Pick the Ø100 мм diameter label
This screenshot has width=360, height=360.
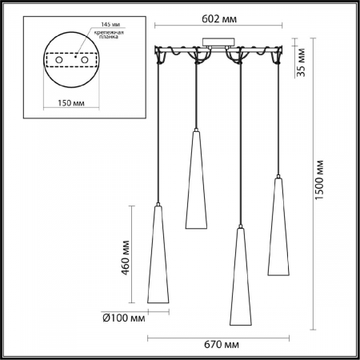pyautogui.click(x=125, y=318)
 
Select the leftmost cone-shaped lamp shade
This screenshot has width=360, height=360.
pyautogui.click(x=158, y=256)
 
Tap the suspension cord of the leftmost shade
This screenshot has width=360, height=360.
pyautogui.click(x=159, y=136)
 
